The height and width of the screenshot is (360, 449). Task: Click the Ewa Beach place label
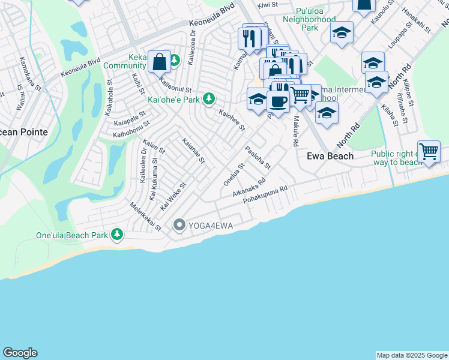click(330, 156)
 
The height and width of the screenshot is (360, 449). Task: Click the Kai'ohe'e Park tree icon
click(208, 98)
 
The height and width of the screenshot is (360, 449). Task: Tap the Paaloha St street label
click(258, 157)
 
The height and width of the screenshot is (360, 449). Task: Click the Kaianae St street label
click(193, 152)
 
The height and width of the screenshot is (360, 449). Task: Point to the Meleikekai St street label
click(146, 217)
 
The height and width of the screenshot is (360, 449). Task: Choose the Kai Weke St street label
click(173, 196)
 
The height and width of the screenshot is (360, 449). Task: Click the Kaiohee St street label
click(232, 119)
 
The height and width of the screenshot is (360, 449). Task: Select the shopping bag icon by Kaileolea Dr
click(159, 61)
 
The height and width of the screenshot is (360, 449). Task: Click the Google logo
click(20, 353)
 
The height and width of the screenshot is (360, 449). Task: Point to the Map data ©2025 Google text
click(412, 355)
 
